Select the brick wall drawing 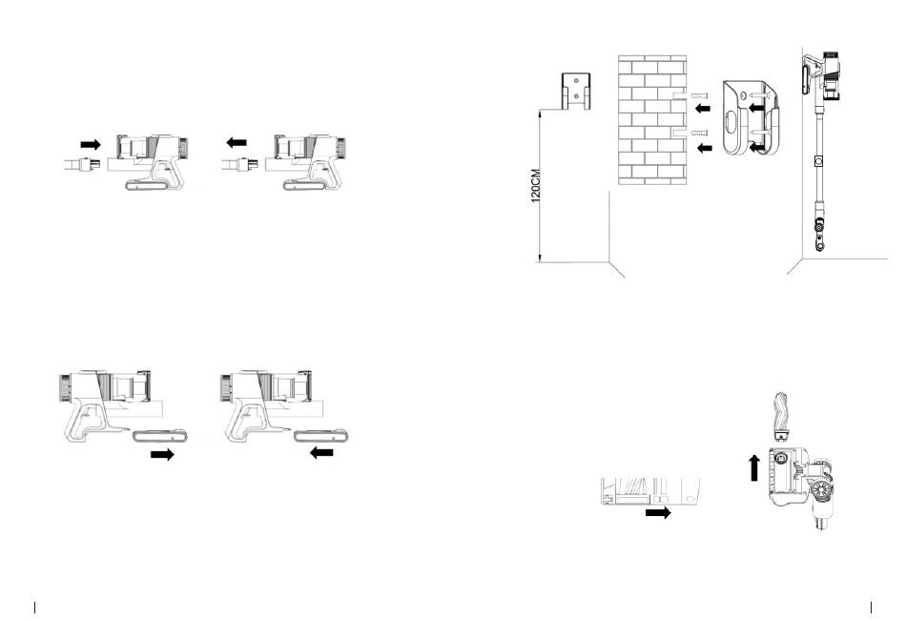652,119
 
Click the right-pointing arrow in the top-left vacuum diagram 91,142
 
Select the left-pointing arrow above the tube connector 237,142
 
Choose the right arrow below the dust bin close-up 657,512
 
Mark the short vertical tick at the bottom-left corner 34,607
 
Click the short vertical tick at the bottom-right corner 871,607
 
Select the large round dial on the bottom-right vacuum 820,489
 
